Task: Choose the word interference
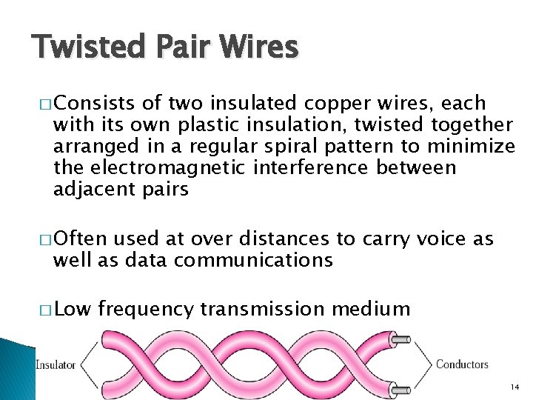tap(309, 167)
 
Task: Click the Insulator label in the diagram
tap(56, 364)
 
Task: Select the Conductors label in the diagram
tap(462, 364)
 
